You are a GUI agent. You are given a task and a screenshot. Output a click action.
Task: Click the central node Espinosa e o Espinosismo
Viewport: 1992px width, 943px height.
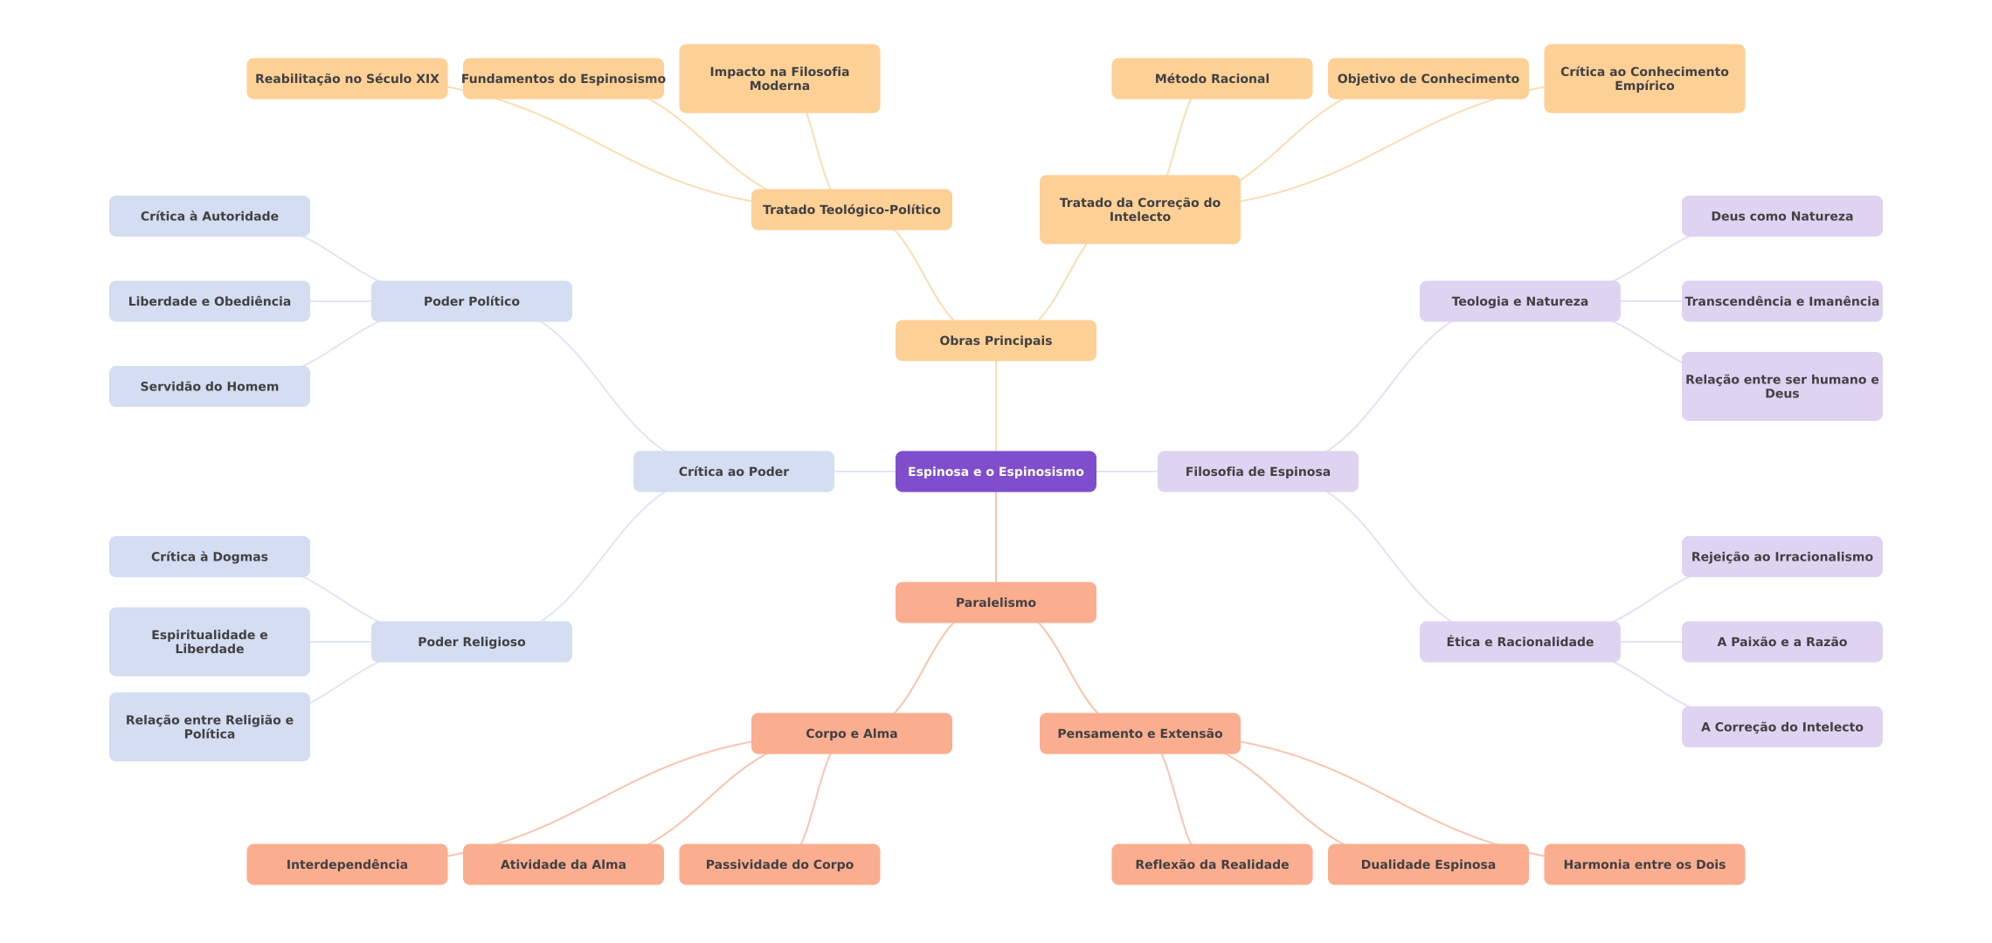point(995,471)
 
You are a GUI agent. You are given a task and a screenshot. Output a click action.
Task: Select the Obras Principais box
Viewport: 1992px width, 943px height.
point(995,341)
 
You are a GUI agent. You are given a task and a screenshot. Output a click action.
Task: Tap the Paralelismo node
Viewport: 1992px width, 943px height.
point(995,602)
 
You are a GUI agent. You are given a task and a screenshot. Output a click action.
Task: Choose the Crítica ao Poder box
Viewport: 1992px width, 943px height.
point(733,471)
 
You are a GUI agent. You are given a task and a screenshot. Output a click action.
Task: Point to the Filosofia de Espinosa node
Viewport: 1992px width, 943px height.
point(1257,471)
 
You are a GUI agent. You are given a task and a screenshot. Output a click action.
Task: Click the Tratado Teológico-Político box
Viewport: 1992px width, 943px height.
point(851,210)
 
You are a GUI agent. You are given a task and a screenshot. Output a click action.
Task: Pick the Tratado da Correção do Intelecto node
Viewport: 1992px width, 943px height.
point(1139,210)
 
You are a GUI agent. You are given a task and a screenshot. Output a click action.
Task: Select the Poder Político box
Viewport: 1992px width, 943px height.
point(471,301)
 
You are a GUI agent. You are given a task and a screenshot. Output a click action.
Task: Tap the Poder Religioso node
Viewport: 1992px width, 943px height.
point(471,642)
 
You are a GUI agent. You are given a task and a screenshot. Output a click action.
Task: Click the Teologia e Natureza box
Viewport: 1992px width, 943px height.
point(1519,301)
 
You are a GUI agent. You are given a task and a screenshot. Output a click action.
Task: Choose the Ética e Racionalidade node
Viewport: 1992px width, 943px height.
point(1519,642)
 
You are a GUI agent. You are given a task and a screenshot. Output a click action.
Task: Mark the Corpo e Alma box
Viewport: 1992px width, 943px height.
point(851,733)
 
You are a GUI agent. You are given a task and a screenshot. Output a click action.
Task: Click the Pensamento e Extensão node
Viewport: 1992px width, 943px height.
point(1139,733)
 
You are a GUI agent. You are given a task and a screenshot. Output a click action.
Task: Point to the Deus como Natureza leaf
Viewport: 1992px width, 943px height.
point(1781,217)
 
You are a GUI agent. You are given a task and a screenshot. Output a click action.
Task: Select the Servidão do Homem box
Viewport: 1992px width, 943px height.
point(209,386)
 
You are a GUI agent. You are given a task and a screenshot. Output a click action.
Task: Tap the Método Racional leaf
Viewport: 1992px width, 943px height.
point(1211,79)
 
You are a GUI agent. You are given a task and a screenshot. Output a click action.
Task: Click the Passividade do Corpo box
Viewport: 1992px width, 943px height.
point(779,864)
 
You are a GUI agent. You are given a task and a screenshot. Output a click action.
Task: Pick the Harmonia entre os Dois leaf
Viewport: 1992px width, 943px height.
point(1643,864)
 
